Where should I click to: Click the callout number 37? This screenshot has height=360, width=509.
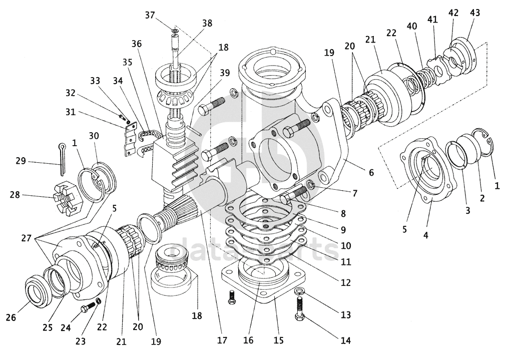click(x=150, y=15)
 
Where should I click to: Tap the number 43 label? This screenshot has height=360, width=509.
click(x=474, y=13)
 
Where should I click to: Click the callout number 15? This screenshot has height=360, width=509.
click(x=279, y=340)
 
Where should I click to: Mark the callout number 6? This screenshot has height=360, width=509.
click(x=371, y=172)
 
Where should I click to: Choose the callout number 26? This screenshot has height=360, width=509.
click(x=11, y=317)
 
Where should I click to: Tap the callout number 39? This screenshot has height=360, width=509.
click(x=224, y=73)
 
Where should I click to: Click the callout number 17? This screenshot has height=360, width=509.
click(x=222, y=340)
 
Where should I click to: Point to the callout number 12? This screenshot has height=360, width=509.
click(x=345, y=282)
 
